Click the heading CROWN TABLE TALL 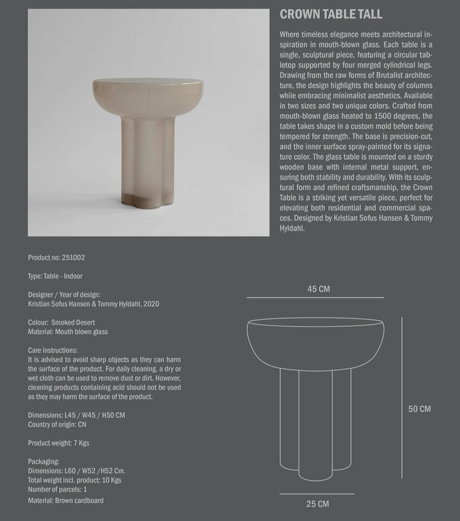pyautogui.click(x=331, y=14)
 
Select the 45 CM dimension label pyautogui.click(x=316, y=289)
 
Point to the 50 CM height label pyautogui.click(x=419, y=409)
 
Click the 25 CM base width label pyautogui.click(x=317, y=504)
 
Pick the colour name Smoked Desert pyautogui.click(x=73, y=323)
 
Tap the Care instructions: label pyautogui.click(x=52, y=350)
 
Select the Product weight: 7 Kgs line pyautogui.click(x=58, y=443)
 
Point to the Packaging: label pyautogui.click(x=43, y=461)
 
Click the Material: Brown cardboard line pyautogui.click(x=66, y=500)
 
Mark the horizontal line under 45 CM pyautogui.click(x=316, y=297)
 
